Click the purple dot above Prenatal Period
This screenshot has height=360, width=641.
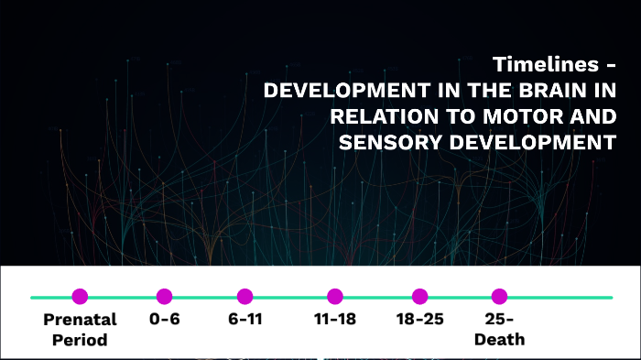coord(80,296)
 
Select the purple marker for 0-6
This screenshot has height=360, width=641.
coord(164,296)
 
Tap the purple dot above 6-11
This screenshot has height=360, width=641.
coord(244,296)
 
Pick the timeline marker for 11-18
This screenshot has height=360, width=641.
coord(335,296)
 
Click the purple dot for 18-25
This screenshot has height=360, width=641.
coord(419,296)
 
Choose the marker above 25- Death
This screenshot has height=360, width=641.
coord(499,296)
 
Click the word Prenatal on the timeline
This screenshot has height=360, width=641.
coord(80,321)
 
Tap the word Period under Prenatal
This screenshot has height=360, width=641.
coord(80,340)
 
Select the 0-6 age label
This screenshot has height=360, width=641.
coord(164,321)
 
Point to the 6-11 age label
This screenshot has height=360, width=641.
coord(244,321)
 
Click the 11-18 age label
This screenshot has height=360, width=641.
coord(335,321)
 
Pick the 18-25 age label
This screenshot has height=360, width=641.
coord(419,321)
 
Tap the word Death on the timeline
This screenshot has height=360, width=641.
coord(500,340)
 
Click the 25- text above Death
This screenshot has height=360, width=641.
coord(500,321)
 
